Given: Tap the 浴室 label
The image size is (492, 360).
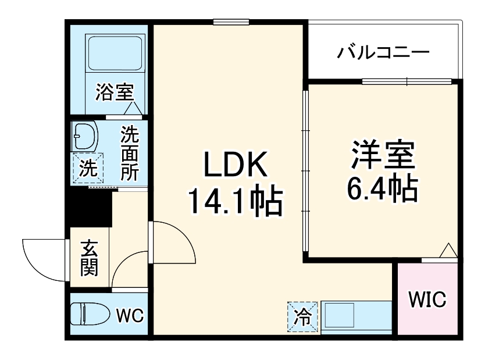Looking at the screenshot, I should (115, 92).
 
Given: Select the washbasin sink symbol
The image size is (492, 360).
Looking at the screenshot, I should (85, 136).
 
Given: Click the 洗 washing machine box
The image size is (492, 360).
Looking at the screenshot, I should (88, 169).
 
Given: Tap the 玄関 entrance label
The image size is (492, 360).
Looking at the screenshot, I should (89, 259).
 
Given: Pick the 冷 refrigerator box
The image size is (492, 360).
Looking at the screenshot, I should (302, 317).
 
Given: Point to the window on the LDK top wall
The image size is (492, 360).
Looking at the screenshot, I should (231, 22).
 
